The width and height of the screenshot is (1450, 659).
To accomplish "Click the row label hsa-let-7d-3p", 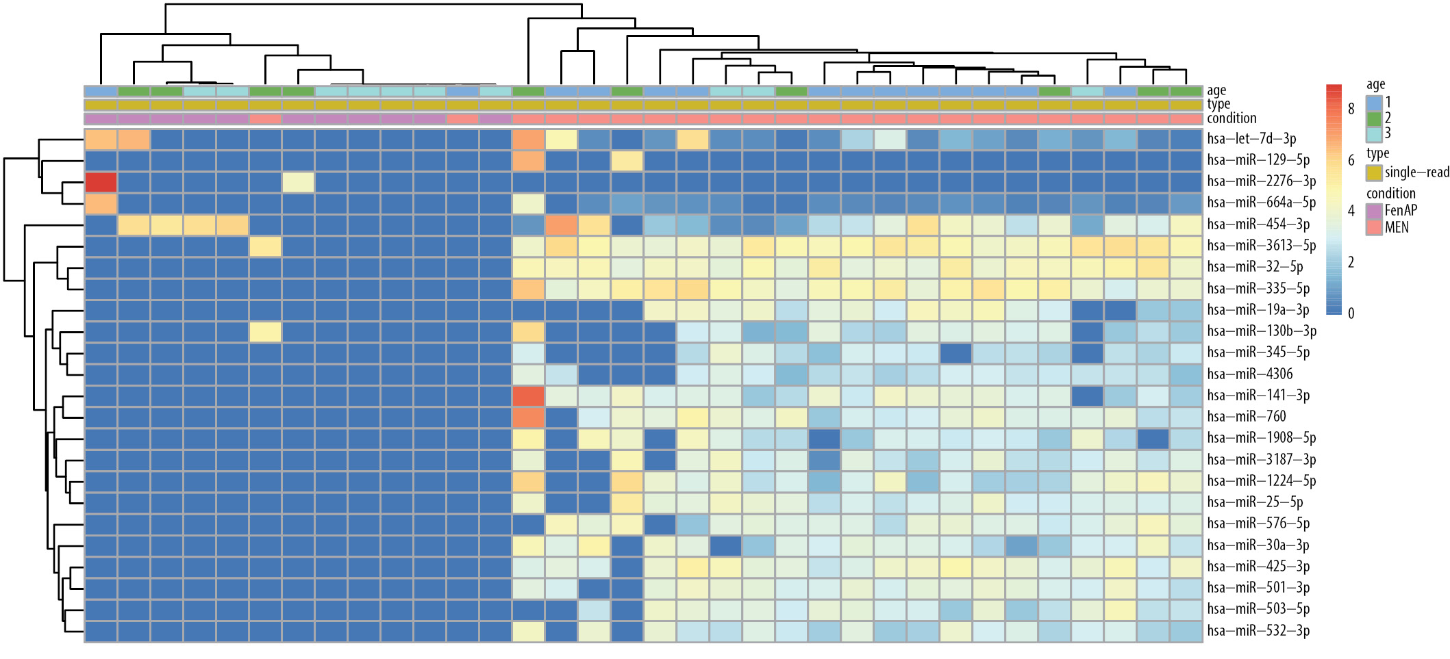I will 1251,139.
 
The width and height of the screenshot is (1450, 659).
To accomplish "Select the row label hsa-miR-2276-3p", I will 1261,181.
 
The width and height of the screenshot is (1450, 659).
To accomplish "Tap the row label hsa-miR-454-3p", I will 1258,224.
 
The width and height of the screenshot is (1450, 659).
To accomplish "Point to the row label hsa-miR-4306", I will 1250,374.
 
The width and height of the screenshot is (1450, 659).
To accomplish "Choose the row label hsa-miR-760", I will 1247,417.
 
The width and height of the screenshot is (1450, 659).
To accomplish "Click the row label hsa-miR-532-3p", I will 1258,631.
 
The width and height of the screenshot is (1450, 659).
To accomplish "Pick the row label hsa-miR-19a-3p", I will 1258,310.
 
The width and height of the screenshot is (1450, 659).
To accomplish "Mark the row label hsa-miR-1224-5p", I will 1261,481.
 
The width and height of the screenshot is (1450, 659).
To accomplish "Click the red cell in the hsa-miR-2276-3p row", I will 101,182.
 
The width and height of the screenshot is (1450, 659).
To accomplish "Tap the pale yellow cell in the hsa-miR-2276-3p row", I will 298,182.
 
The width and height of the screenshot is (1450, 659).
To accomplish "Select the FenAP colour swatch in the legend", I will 1373,211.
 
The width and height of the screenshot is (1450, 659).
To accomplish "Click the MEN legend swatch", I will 1373,227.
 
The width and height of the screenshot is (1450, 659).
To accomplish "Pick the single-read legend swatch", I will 1373,172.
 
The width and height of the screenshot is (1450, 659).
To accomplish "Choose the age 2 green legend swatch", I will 1373,118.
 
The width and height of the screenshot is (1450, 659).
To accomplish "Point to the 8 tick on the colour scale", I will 1351,109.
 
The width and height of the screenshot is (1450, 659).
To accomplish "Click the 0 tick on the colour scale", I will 1351,313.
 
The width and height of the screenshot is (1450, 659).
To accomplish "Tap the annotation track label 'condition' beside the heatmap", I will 1232,118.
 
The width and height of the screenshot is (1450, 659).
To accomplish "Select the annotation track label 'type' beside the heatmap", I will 1218,104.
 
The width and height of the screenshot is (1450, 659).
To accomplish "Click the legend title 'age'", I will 1375,85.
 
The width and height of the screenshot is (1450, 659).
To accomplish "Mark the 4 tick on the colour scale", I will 1351,211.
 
